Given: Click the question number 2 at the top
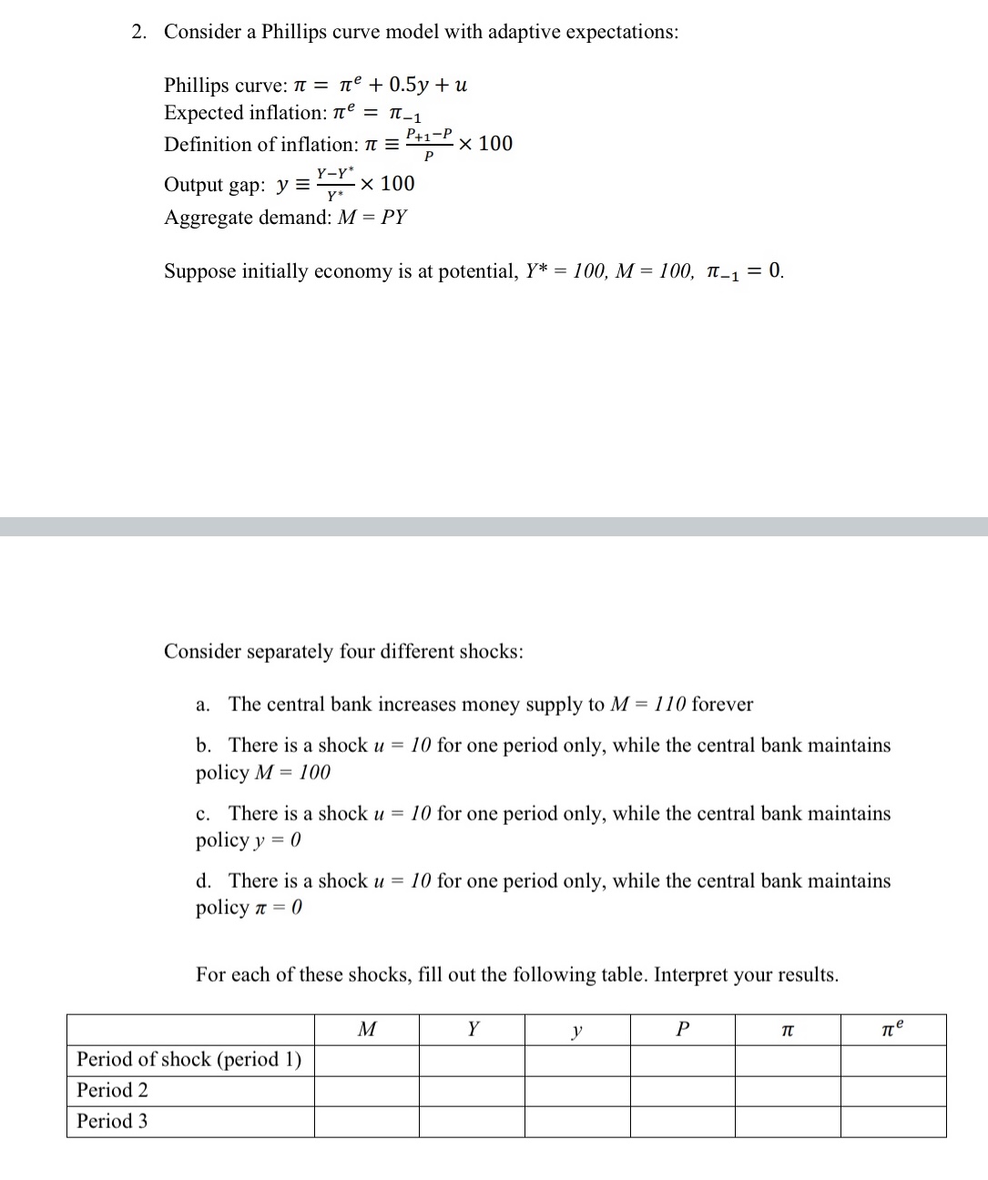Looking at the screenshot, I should [x=138, y=32].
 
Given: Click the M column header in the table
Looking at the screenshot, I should [x=367, y=1030].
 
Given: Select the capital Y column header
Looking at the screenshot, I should [x=472, y=1030].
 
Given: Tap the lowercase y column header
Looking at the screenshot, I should [x=577, y=1031].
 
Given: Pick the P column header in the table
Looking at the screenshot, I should [x=683, y=1030].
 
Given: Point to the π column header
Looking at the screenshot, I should [x=788, y=1031].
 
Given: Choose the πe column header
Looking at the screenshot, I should [x=893, y=1030].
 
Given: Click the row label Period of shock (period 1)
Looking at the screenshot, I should [x=189, y=1060].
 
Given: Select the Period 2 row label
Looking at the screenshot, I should [x=113, y=1091].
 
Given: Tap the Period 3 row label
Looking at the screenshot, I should [x=113, y=1122].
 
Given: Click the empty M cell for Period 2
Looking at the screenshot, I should [x=367, y=1091].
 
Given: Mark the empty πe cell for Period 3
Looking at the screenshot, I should [x=893, y=1122].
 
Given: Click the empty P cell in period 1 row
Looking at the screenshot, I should [x=683, y=1060].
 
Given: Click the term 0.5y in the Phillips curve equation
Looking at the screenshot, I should [x=408, y=86].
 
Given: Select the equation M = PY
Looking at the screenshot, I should [x=372, y=218].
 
